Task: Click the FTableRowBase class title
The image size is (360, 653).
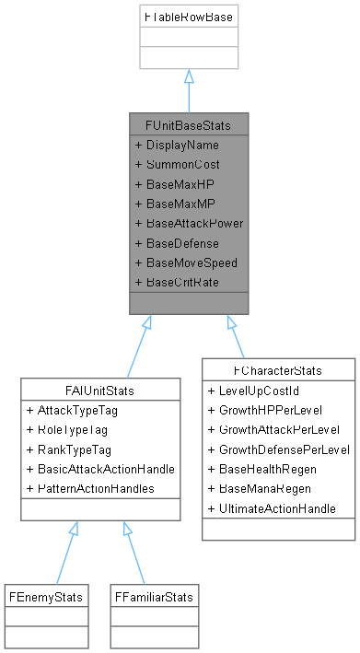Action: pyautogui.click(x=188, y=17)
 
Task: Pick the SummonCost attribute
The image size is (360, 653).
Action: pyautogui.click(x=173, y=165)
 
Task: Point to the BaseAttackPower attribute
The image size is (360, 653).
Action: pyautogui.click(x=188, y=223)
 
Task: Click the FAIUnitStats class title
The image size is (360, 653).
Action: pyautogui.click(x=99, y=391)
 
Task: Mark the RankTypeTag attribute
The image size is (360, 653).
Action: pyautogui.click(x=74, y=449)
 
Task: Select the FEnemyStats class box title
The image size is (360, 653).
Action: pyautogui.click(x=45, y=597)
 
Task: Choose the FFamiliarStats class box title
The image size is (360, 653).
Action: pyautogui.click(x=153, y=597)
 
